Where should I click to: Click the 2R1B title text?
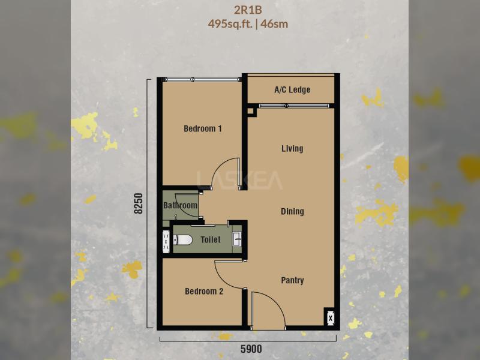click(248, 10)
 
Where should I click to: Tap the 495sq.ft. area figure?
click(230, 24)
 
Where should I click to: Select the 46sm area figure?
click(275, 24)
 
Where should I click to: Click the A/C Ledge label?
click(292, 89)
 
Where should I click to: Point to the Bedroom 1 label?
click(203, 128)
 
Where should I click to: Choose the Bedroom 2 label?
click(204, 291)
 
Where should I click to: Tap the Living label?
click(292, 149)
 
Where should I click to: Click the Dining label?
click(292, 212)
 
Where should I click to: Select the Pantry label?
click(292, 280)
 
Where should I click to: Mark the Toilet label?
click(211, 239)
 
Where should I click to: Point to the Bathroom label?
click(181, 205)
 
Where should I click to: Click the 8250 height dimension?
click(139, 203)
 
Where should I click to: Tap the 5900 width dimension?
click(251, 349)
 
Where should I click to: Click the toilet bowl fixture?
click(183, 239)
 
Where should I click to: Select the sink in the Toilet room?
click(237, 239)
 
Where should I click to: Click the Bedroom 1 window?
click(202, 80)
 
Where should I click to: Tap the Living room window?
click(294, 106)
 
